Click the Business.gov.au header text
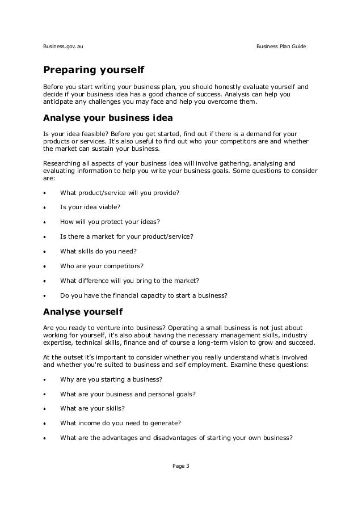tap(64, 45)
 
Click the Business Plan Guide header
tap(281, 45)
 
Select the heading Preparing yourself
tap(94, 71)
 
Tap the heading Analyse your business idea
tap(108, 119)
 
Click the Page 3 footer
tap(180, 466)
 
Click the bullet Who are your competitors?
tap(102, 265)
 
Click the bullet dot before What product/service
tap(45, 193)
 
